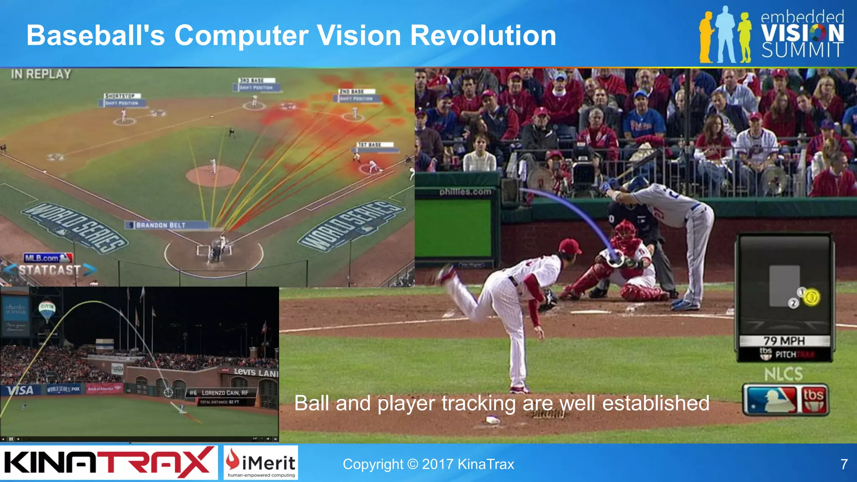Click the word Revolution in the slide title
tap(483, 35)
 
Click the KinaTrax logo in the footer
tap(108, 463)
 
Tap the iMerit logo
tap(261, 462)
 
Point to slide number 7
tap(844, 464)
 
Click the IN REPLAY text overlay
tap(41, 74)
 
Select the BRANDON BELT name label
tap(161, 225)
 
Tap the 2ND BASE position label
tap(352, 91)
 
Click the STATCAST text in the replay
tap(49, 270)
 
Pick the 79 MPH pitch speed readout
tap(784, 341)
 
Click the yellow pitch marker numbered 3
tap(811, 297)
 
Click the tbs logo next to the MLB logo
tap(813, 400)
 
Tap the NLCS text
tap(783, 374)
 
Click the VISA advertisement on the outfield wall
tap(20, 390)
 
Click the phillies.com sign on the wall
tap(465, 192)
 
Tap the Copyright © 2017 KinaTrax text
tap(428, 464)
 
